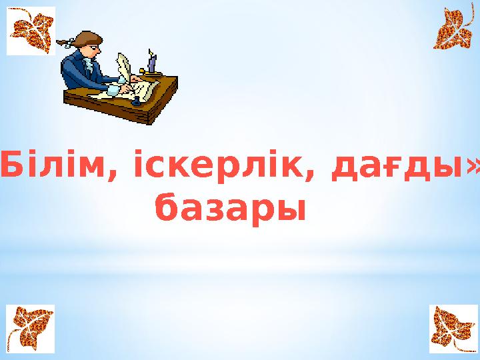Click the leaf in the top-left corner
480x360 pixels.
coord(30,30)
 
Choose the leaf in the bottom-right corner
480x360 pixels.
coord(453,328)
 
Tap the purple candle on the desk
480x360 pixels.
coord(153,63)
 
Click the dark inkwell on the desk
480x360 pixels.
coord(136,101)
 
